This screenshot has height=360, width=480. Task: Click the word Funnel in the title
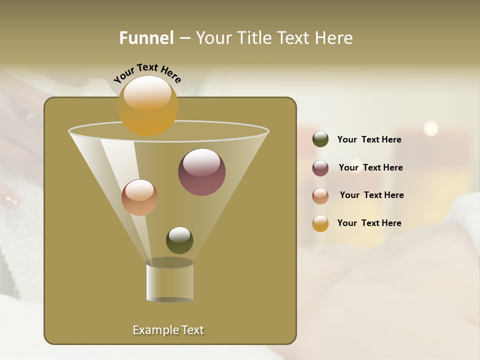(146, 38)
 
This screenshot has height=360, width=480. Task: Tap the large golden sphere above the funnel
(148, 105)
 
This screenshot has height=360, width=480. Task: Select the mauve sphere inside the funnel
(201, 171)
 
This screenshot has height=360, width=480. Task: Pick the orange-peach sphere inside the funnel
(139, 197)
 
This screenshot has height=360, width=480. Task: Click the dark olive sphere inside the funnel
(179, 240)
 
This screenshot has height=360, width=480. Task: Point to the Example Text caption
(168, 330)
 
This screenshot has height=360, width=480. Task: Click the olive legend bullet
(320, 139)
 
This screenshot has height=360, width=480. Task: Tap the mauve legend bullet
(320, 168)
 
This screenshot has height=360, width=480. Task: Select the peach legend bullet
(320, 196)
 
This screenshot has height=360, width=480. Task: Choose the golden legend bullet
(320, 223)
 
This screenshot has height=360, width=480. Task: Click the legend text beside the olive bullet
(369, 140)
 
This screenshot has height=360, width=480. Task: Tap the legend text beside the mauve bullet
(370, 168)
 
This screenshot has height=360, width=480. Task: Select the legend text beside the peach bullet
(371, 195)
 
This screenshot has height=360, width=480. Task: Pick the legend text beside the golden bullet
(369, 223)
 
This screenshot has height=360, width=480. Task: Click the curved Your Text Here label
(147, 73)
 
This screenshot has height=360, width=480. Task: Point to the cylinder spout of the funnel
(169, 281)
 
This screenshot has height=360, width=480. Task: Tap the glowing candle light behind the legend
(430, 128)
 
